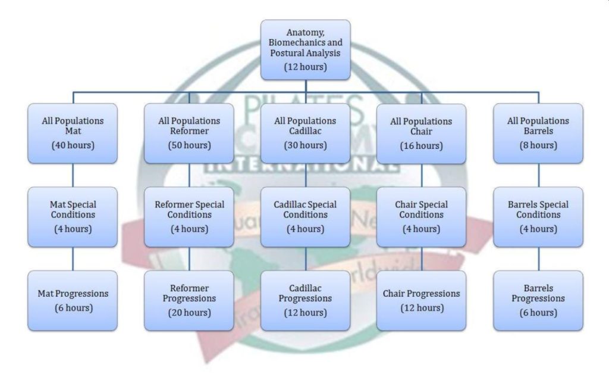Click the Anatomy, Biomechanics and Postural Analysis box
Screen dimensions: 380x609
(306, 50)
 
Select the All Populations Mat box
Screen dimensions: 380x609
(73, 133)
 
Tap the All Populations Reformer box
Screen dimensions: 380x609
(189, 133)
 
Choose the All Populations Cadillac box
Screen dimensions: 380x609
(305, 133)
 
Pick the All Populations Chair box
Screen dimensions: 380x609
(421, 133)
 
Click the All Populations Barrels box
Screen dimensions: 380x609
(538, 133)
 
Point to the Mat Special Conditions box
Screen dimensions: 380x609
(73, 217)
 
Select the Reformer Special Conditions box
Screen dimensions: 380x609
(189, 217)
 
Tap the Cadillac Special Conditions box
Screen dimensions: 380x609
(305, 217)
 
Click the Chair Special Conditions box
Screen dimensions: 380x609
(421, 217)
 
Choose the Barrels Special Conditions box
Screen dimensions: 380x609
(538, 217)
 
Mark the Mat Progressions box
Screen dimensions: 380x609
(73, 300)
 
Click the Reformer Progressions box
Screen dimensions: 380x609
(189, 300)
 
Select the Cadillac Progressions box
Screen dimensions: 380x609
(305, 300)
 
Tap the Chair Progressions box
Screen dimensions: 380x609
(421, 300)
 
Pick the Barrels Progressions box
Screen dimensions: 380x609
(538, 300)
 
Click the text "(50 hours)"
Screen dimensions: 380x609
(189, 145)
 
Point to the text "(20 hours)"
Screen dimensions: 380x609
(189, 313)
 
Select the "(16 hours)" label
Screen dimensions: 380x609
(421, 146)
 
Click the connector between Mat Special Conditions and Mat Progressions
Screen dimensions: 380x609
(73, 258)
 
